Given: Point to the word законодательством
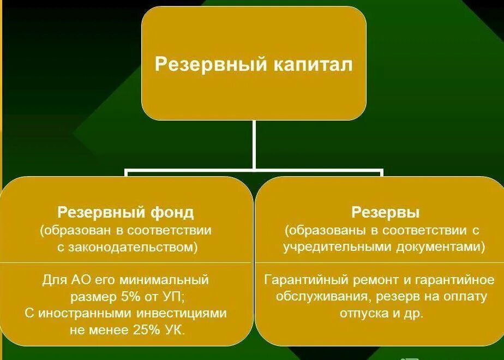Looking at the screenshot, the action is point(131,247).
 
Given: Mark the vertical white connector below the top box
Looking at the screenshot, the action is point(254,145).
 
